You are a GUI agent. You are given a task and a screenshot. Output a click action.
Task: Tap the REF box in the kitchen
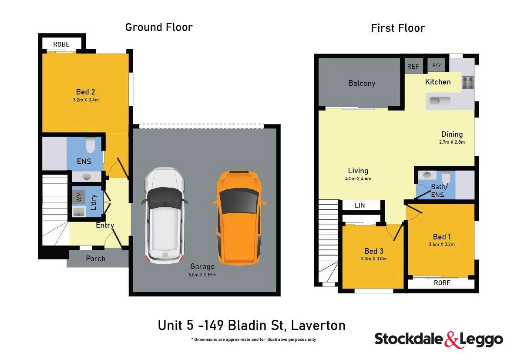click(x=413, y=67)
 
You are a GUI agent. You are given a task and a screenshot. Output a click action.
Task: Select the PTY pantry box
click(x=437, y=66)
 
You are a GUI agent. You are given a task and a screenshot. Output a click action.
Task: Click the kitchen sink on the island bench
click(x=440, y=101)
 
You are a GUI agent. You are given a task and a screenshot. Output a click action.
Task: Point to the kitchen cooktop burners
click(x=468, y=83)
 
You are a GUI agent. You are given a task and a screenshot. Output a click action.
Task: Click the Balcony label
click(x=362, y=83)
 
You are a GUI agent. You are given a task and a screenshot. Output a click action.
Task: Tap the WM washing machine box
click(x=79, y=197)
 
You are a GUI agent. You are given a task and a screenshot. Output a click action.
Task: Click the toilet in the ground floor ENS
click(x=90, y=145)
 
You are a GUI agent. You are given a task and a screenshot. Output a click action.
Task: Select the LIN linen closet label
click(x=360, y=205)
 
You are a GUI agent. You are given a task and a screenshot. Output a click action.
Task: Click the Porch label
click(x=95, y=259)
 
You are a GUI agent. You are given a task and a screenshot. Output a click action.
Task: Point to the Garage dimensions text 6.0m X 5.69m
click(x=202, y=275)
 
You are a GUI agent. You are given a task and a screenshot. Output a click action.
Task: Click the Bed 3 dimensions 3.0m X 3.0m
click(x=374, y=259)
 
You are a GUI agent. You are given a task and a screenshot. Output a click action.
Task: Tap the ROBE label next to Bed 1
click(x=442, y=283)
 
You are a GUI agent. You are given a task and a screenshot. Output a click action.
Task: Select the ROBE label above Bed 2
click(x=61, y=44)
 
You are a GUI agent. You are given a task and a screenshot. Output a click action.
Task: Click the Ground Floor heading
click(x=159, y=27)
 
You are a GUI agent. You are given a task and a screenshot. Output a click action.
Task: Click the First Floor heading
click(x=398, y=28)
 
